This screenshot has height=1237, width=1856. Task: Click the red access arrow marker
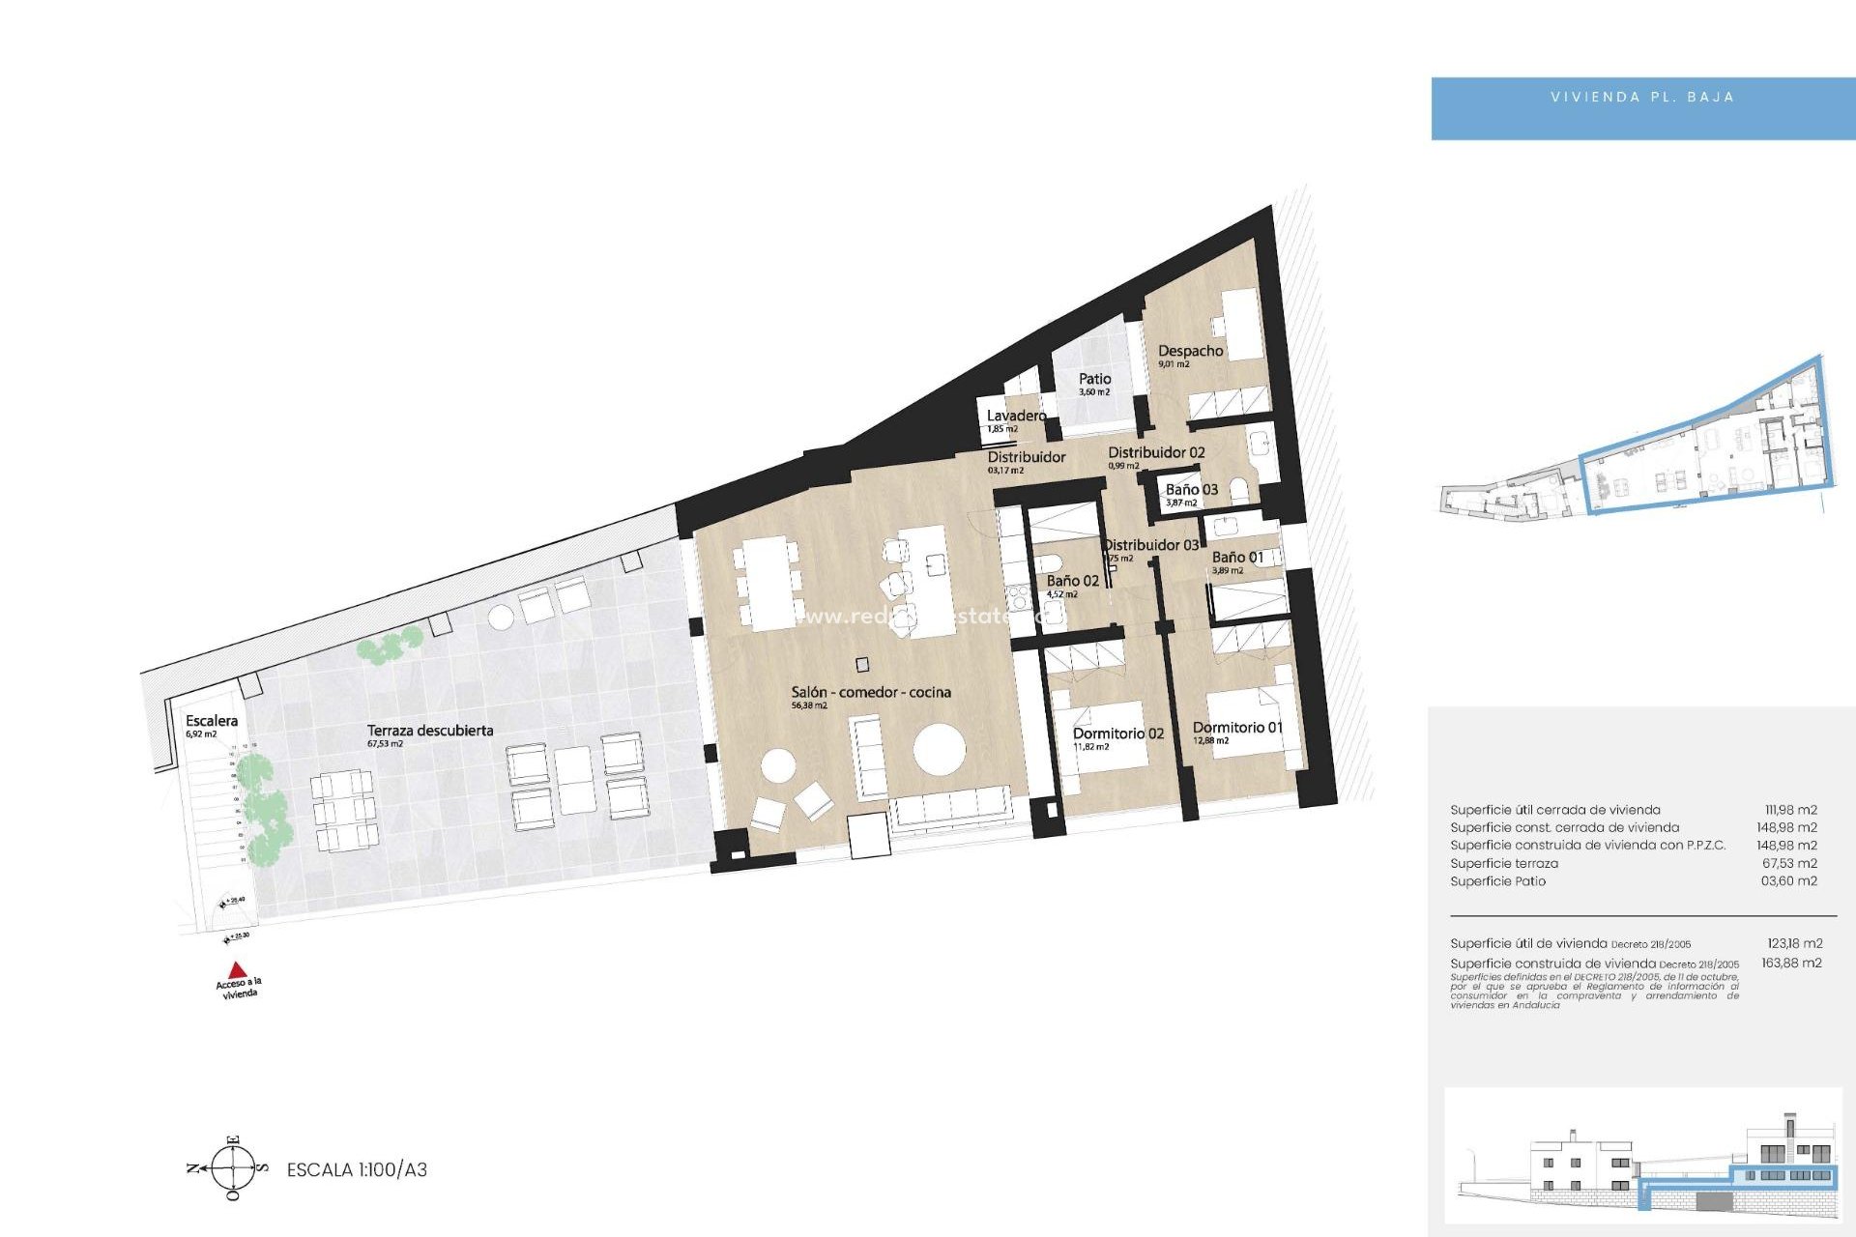point(237,969)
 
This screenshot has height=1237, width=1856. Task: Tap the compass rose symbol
point(233,1168)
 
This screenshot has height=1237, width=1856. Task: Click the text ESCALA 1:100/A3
point(357,1169)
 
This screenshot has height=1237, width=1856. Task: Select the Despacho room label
point(1190,351)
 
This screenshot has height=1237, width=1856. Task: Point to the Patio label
point(1094,379)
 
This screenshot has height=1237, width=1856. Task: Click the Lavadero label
point(1016,416)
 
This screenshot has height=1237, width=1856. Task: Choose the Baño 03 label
point(1191,490)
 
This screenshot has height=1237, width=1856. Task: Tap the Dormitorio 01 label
point(1237,728)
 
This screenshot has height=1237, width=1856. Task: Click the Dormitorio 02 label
point(1117,734)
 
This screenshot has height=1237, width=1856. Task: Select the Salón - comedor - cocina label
point(870,692)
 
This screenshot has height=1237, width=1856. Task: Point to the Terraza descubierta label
point(429,731)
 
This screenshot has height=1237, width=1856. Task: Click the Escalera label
point(211,721)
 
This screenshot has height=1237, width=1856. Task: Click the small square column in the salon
point(861,665)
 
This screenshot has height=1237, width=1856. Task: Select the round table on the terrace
point(502,617)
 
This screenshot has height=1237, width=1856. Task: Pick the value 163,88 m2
point(1791,963)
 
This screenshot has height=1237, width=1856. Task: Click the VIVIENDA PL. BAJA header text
point(1641,98)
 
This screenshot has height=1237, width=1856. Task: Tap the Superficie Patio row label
point(1497,881)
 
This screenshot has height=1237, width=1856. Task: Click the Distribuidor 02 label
point(1156,452)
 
